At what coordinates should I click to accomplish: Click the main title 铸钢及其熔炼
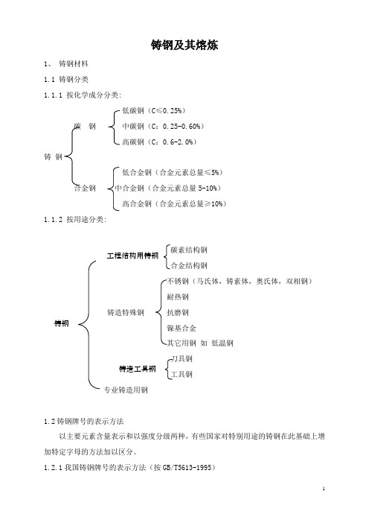click(x=184, y=45)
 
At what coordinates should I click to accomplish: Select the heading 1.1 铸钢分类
click(x=66, y=80)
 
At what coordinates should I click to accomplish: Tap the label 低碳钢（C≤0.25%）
click(x=154, y=111)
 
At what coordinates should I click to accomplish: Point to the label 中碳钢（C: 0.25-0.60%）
click(x=163, y=127)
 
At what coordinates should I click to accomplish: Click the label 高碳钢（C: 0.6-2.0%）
click(x=159, y=142)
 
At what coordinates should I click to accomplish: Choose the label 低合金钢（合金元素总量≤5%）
click(x=173, y=172)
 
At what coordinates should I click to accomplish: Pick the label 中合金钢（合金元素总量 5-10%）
click(x=168, y=188)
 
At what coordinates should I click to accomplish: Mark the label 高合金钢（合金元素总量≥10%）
click(x=174, y=204)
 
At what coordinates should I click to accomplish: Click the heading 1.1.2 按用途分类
click(x=75, y=220)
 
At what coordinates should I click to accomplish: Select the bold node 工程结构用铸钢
click(x=132, y=256)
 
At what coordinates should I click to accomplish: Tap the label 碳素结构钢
click(x=189, y=250)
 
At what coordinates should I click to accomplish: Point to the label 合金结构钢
click(x=189, y=265)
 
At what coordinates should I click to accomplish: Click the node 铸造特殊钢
click(x=126, y=312)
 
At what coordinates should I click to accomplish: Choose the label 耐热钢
click(x=178, y=297)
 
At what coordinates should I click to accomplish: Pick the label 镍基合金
click(x=182, y=329)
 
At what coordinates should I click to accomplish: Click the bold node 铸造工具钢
click(x=137, y=369)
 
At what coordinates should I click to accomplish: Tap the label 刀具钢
click(x=182, y=359)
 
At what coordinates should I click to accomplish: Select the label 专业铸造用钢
click(x=126, y=390)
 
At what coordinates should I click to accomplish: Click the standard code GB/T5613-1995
click(x=187, y=468)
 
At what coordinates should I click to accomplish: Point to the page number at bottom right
click(x=324, y=489)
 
